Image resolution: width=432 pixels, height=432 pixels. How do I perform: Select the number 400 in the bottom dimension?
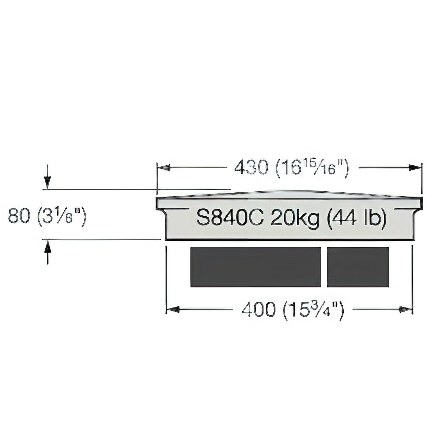(x=259, y=310)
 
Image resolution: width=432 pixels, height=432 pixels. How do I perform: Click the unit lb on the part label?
(x=373, y=217)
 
